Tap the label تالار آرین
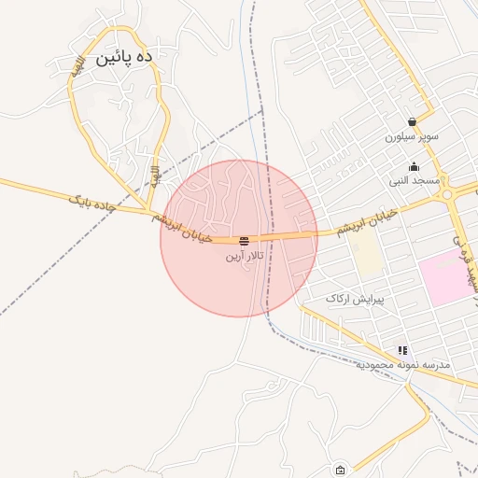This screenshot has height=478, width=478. pos(245,255)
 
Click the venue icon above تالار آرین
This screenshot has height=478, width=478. pos(245,241)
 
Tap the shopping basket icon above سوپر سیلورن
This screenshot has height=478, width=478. pos(411,121)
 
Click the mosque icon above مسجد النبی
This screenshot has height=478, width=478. pos(414,167)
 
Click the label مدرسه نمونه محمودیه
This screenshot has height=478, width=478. pos(402,364)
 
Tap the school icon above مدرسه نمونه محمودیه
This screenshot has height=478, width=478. pos(402,350)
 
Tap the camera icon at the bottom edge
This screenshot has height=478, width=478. pos(340,470)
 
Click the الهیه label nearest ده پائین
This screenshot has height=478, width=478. pos(81,67)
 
